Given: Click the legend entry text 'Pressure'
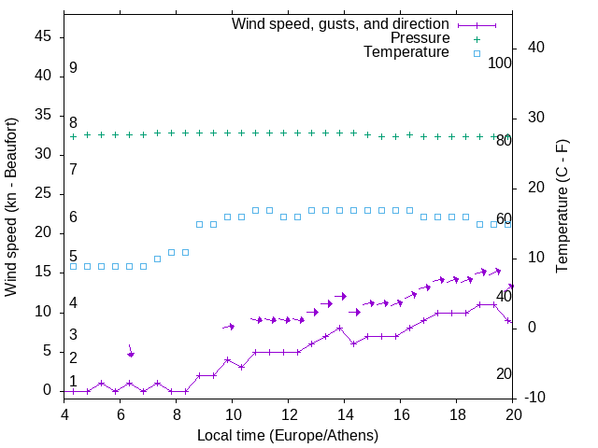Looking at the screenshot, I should tap(420, 38).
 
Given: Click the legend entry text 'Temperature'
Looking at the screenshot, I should tap(406, 53).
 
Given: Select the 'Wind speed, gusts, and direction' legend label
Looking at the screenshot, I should tap(341, 23).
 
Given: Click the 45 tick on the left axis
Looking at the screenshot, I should tap(43, 36).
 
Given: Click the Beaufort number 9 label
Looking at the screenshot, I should tap(73, 68).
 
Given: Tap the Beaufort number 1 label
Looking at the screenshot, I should tap(73, 382).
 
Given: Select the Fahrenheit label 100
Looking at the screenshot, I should tap(501, 63).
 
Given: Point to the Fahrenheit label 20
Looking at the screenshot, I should tap(505, 374).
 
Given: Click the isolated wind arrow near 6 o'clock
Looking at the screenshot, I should tap(131, 351).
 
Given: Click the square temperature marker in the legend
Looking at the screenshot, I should tap(477, 53).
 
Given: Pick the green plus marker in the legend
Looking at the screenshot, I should tap(477, 38).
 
